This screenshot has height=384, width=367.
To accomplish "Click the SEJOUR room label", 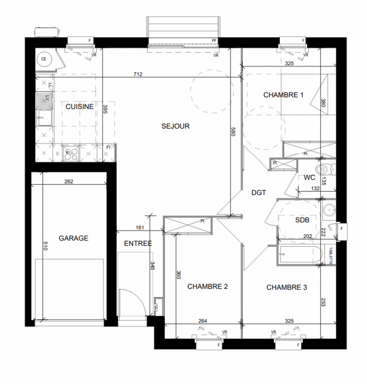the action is pyautogui.click(x=175, y=126).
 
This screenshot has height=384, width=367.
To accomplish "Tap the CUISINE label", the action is pyautogui.click(x=80, y=107).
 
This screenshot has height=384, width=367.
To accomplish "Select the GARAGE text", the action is pyautogui.click(x=73, y=238).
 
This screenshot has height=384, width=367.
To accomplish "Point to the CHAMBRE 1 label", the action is pyautogui.click(x=283, y=95).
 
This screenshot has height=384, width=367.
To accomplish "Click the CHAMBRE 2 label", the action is pyautogui.click(x=207, y=286).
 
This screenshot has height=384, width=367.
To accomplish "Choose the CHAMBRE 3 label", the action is pyautogui.click(x=287, y=287).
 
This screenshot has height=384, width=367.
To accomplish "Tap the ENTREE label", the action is pyautogui.click(x=138, y=243).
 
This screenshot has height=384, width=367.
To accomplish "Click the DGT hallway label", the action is pyautogui.click(x=259, y=193).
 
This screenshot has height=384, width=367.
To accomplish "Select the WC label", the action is pyautogui.click(x=310, y=177).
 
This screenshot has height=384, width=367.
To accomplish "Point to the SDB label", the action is pyautogui.click(x=302, y=220).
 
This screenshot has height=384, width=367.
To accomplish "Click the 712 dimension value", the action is pyautogui.click(x=138, y=74).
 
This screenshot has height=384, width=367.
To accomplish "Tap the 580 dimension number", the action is pyautogui.click(x=233, y=132).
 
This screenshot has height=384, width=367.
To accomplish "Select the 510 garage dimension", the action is pyautogui.click(x=45, y=246).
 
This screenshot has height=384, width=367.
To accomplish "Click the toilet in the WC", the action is pyautogui.click(x=326, y=169).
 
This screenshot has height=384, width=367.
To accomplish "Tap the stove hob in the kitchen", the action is pyautogui.click(x=71, y=154).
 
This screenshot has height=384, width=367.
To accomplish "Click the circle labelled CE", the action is pyautogui.click(x=44, y=59).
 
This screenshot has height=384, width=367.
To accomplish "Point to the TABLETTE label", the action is pyautogui.click(x=331, y=255).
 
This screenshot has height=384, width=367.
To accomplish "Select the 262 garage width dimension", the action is pyautogui.click(x=69, y=181).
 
